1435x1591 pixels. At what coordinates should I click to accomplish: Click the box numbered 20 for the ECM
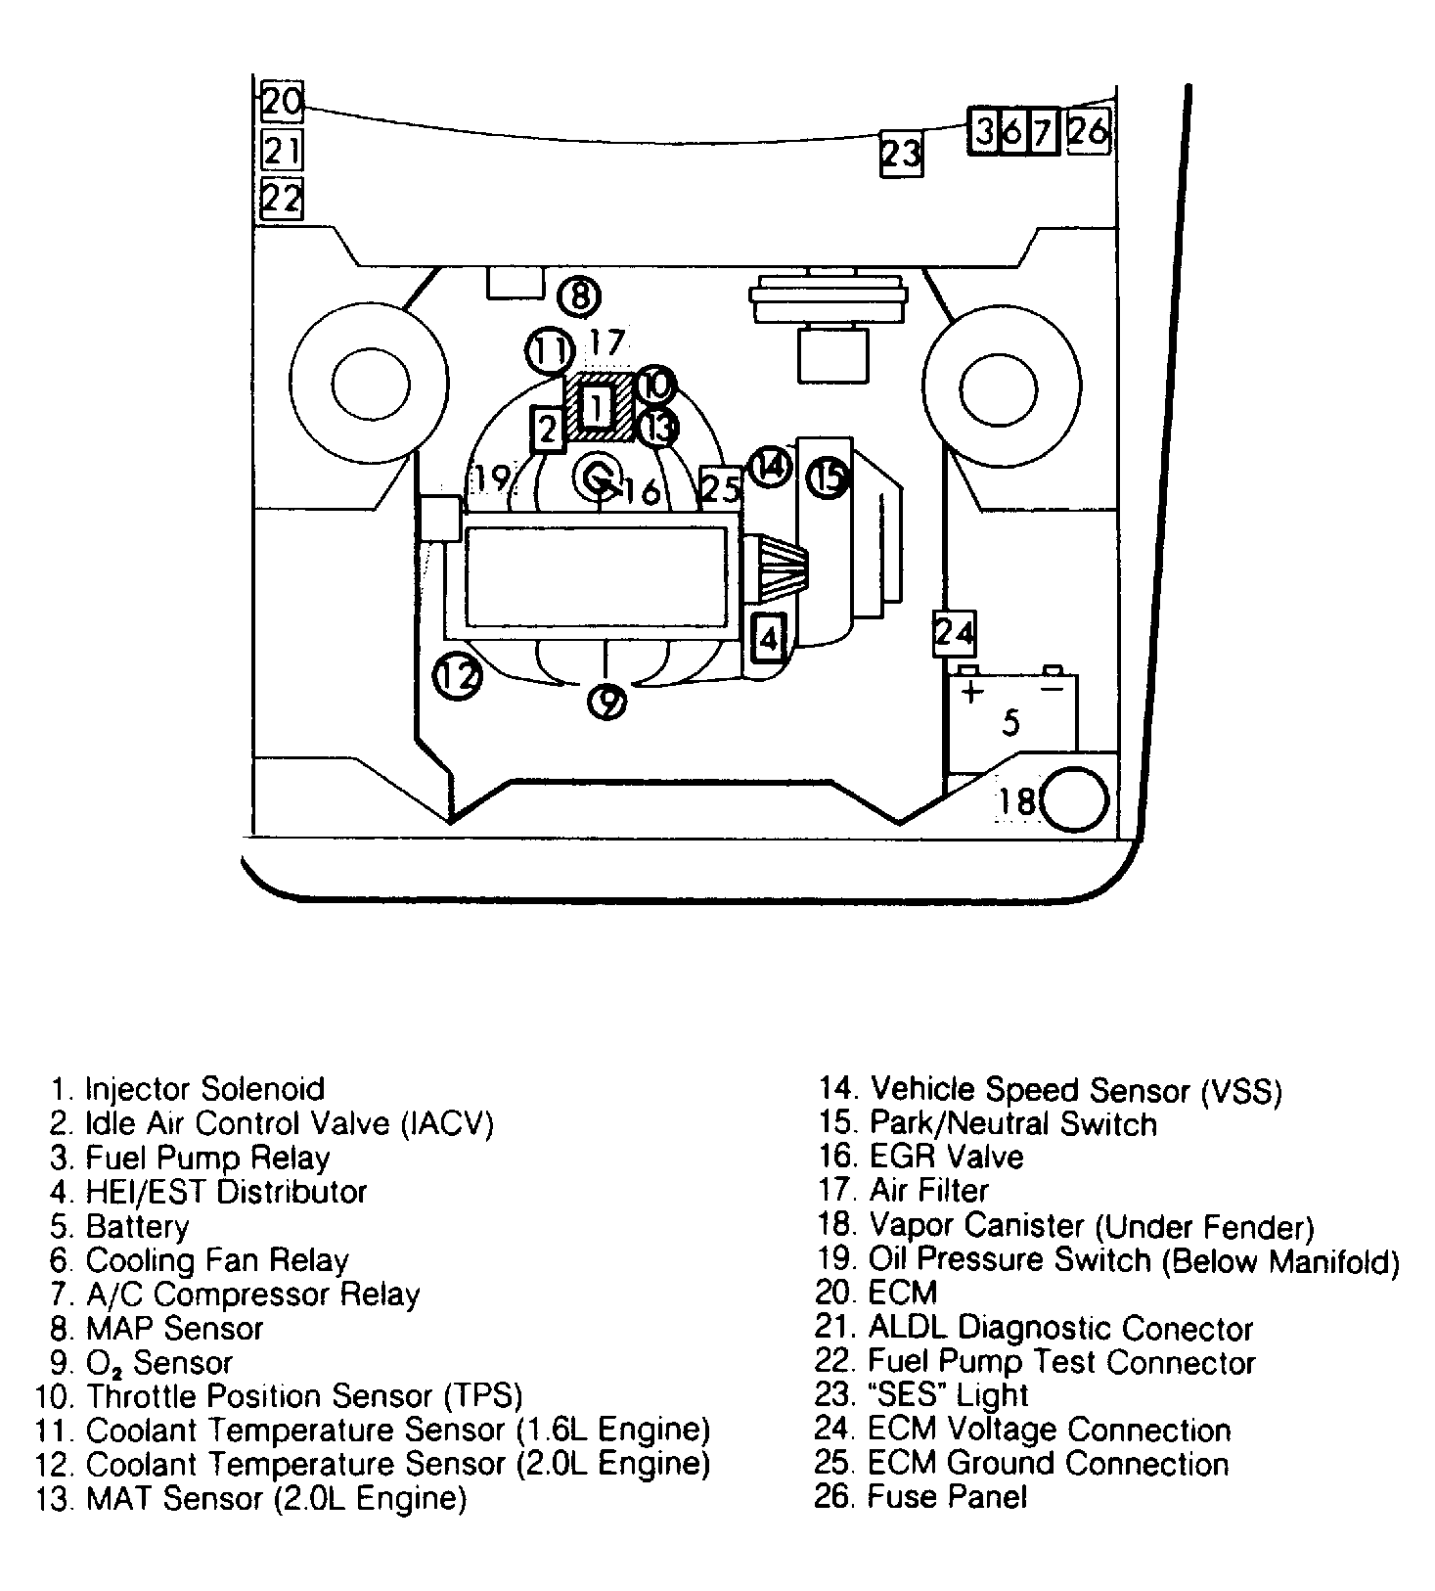(x=282, y=102)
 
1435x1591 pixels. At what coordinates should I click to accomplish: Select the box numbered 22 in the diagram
(x=282, y=199)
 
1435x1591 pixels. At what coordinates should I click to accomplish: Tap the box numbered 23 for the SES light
(x=901, y=154)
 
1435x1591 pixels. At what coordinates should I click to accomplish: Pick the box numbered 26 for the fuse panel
(x=1089, y=130)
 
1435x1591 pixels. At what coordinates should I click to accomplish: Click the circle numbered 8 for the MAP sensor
(x=579, y=295)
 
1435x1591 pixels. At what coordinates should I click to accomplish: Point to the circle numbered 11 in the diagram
(x=549, y=351)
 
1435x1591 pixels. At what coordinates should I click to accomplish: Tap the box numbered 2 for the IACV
(x=548, y=430)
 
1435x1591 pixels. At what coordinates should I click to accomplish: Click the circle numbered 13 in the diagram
(x=658, y=428)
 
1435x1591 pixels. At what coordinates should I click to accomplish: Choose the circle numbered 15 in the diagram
(x=830, y=478)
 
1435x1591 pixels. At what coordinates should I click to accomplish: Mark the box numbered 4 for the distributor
(x=769, y=638)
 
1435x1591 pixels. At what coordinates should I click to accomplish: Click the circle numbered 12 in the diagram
(x=458, y=676)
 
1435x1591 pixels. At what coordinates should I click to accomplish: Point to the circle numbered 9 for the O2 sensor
(x=607, y=700)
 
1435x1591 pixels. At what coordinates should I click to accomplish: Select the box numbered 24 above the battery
(x=954, y=633)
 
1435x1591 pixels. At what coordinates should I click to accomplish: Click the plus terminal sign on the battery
(x=971, y=694)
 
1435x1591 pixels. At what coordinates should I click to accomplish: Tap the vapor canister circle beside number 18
(x=1075, y=800)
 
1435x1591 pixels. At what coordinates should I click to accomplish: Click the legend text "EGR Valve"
(x=946, y=1157)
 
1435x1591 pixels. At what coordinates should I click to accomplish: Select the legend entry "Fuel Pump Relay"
(x=207, y=1158)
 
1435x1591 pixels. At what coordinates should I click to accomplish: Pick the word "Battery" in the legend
(x=138, y=1226)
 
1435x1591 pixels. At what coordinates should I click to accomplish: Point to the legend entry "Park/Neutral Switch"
(x=1012, y=1123)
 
